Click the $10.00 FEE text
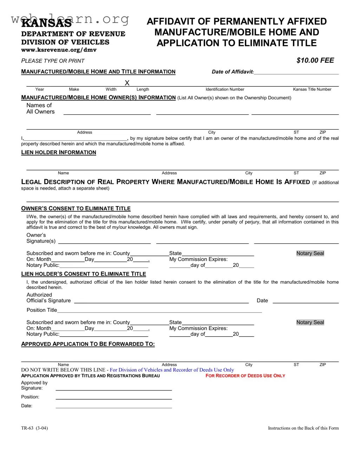[x=315, y=60]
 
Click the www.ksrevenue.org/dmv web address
[x=59, y=50]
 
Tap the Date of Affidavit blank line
[x=296, y=72]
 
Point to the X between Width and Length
[x=127, y=83]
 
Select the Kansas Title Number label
[x=312, y=90]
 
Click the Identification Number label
[x=225, y=90]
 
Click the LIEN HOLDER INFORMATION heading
[x=59, y=152]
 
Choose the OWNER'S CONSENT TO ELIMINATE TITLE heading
[x=76, y=209]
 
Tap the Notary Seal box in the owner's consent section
[x=310, y=254]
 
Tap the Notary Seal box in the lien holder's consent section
[x=310, y=322]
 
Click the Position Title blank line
[x=159, y=311]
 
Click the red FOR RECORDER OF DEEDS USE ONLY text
[x=245, y=376]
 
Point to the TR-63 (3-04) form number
[x=34, y=428]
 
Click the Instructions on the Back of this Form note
[x=303, y=428]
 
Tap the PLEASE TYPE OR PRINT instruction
[x=53, y=61]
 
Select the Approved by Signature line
[x=114, y=389]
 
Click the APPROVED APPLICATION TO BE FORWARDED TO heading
[x=88, y=344]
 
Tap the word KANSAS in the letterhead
[x=46, y=23]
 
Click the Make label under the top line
[x=74, y=90]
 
